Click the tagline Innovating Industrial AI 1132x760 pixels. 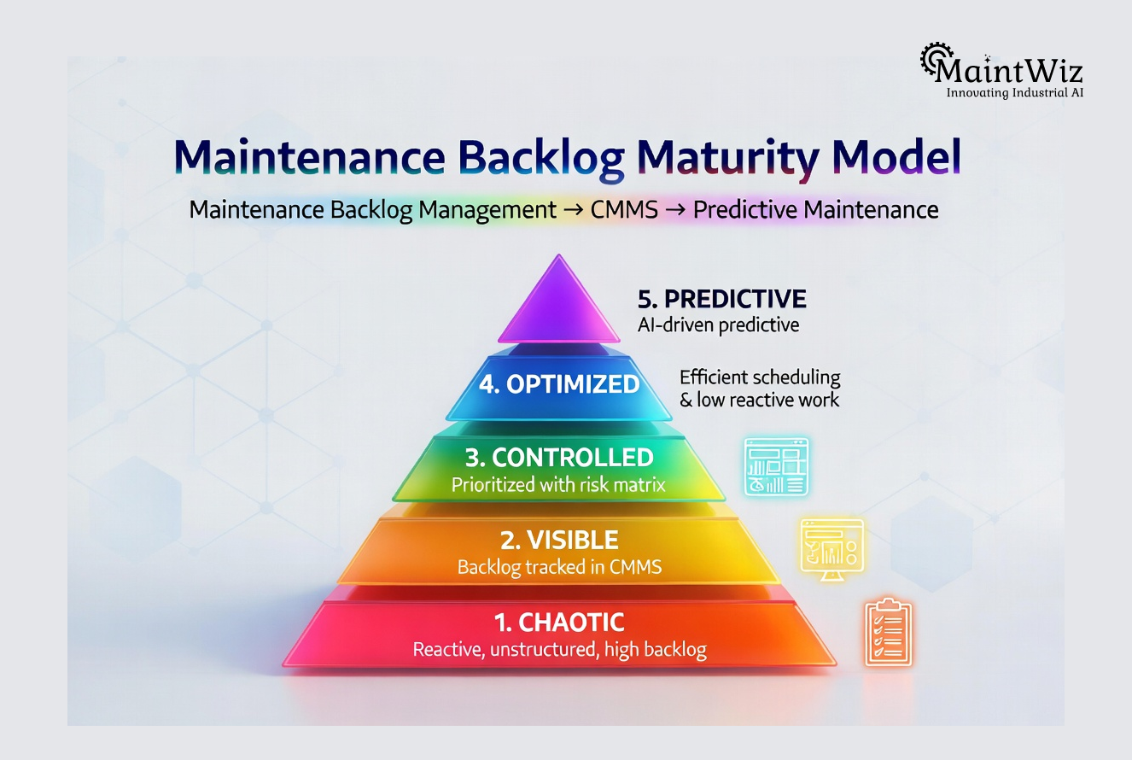[1015, 92]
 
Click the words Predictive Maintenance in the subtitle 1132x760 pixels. [815, 209]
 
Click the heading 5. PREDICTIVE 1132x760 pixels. [721, 299]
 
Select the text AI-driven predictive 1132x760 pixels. [718, 324]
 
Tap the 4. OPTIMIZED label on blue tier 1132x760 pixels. [559, 384]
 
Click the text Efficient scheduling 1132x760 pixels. [760, 377]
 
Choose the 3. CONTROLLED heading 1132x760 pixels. [559, 457]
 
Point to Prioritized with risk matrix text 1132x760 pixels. [558, 486]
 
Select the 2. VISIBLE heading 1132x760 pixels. [559, 540]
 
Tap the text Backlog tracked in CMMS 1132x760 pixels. [559, 566]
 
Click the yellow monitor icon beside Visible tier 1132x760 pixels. [831, 547]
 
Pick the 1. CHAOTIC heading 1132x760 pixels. [559, 622]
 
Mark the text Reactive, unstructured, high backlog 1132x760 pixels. [559, 650]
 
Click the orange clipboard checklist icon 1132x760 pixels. [888, 632]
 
